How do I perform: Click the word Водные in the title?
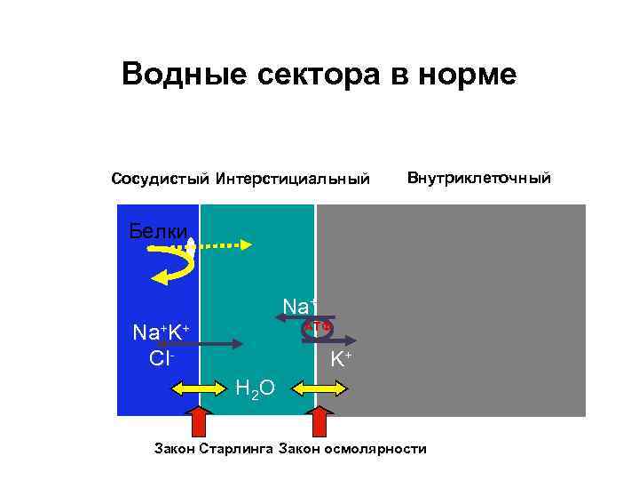coord(173,74)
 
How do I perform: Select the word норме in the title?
coord(461,74)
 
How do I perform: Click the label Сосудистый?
coord(159,180)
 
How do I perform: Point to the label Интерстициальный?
coord(292,180)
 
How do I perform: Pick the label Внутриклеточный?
coord(478,179)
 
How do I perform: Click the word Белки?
coord(158,232)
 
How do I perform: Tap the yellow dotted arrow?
coord(222,243)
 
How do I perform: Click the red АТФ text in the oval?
coord(317,326)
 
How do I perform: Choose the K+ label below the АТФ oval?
coord(341,360)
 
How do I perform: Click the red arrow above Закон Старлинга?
coord(199,420)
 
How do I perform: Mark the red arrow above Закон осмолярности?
coord(320,420)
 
